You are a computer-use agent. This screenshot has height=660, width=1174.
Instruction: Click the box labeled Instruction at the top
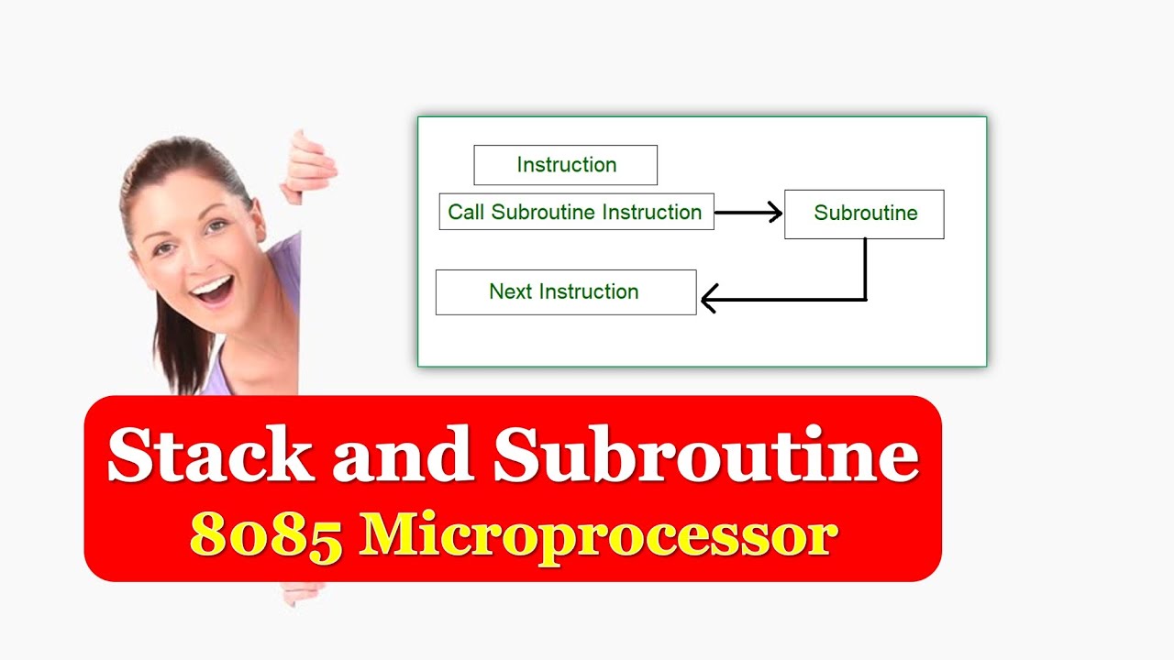coord(565,165)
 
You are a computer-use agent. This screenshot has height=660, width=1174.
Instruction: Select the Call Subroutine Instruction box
coord(576,212)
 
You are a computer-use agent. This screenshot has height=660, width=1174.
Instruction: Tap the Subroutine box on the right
coord(864,214)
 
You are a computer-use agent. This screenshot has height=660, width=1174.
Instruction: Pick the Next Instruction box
coord(565,291)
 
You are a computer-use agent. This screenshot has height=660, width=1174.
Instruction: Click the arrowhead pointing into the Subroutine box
coord(775,213)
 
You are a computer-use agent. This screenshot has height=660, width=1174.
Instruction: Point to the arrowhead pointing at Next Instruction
coord(708,299)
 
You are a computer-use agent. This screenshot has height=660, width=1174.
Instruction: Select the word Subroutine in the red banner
coord(706,455)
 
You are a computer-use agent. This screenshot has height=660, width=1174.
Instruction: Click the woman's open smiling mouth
coord(213,291)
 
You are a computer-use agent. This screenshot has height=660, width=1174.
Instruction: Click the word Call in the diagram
coord(466,212)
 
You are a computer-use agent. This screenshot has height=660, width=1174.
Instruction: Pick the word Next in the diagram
coord(510,291)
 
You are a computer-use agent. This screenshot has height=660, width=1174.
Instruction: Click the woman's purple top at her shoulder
coord(284,266)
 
